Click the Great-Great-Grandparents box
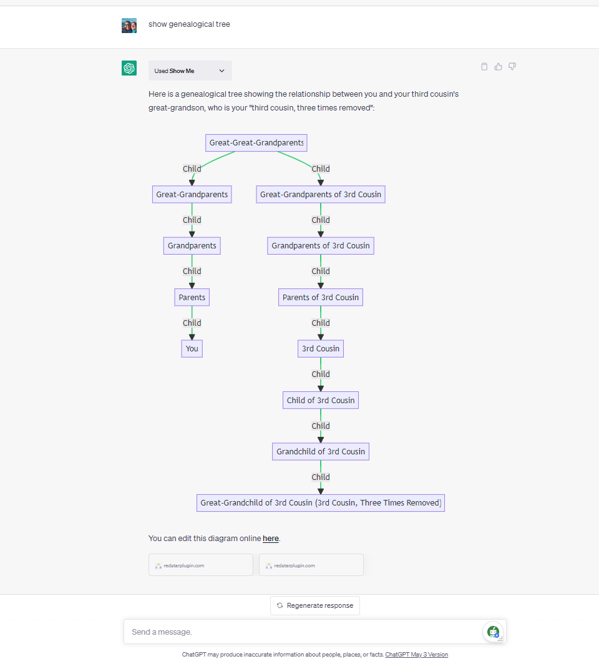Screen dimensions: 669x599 pos(256,143)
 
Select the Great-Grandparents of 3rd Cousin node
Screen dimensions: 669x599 pos(320,194)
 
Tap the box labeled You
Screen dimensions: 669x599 pos(192,348)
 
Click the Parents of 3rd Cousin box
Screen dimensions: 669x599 pos(320,297)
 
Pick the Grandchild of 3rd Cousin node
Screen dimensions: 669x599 pos(320,451)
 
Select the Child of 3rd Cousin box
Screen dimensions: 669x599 pos(320,400)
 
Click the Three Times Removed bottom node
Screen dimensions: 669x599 pos(320,503)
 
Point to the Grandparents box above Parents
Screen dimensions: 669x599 pos(192,246)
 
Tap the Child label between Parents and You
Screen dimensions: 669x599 pos(192,323)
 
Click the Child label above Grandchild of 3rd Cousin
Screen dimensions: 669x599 pos(320,426)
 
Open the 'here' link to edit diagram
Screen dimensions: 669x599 pos(270,539)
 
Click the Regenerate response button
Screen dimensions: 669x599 pos(315,605)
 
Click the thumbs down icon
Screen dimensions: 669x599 pos(512,67)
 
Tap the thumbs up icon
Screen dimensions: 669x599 pos(498,67)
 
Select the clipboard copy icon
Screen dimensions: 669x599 pos(484,67)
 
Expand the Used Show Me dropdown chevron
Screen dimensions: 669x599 pos(222,71)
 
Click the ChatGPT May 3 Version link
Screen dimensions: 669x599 pos(416,655)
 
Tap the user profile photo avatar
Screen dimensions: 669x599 pos(129,26)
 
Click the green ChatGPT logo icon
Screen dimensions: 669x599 pos(129,69)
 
